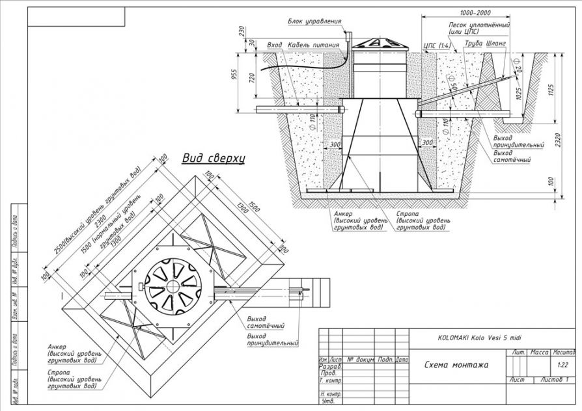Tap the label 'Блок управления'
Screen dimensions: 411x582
[314, 21]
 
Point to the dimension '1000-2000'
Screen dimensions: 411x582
[475, 13]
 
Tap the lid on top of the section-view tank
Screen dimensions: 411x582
[378, 43]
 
